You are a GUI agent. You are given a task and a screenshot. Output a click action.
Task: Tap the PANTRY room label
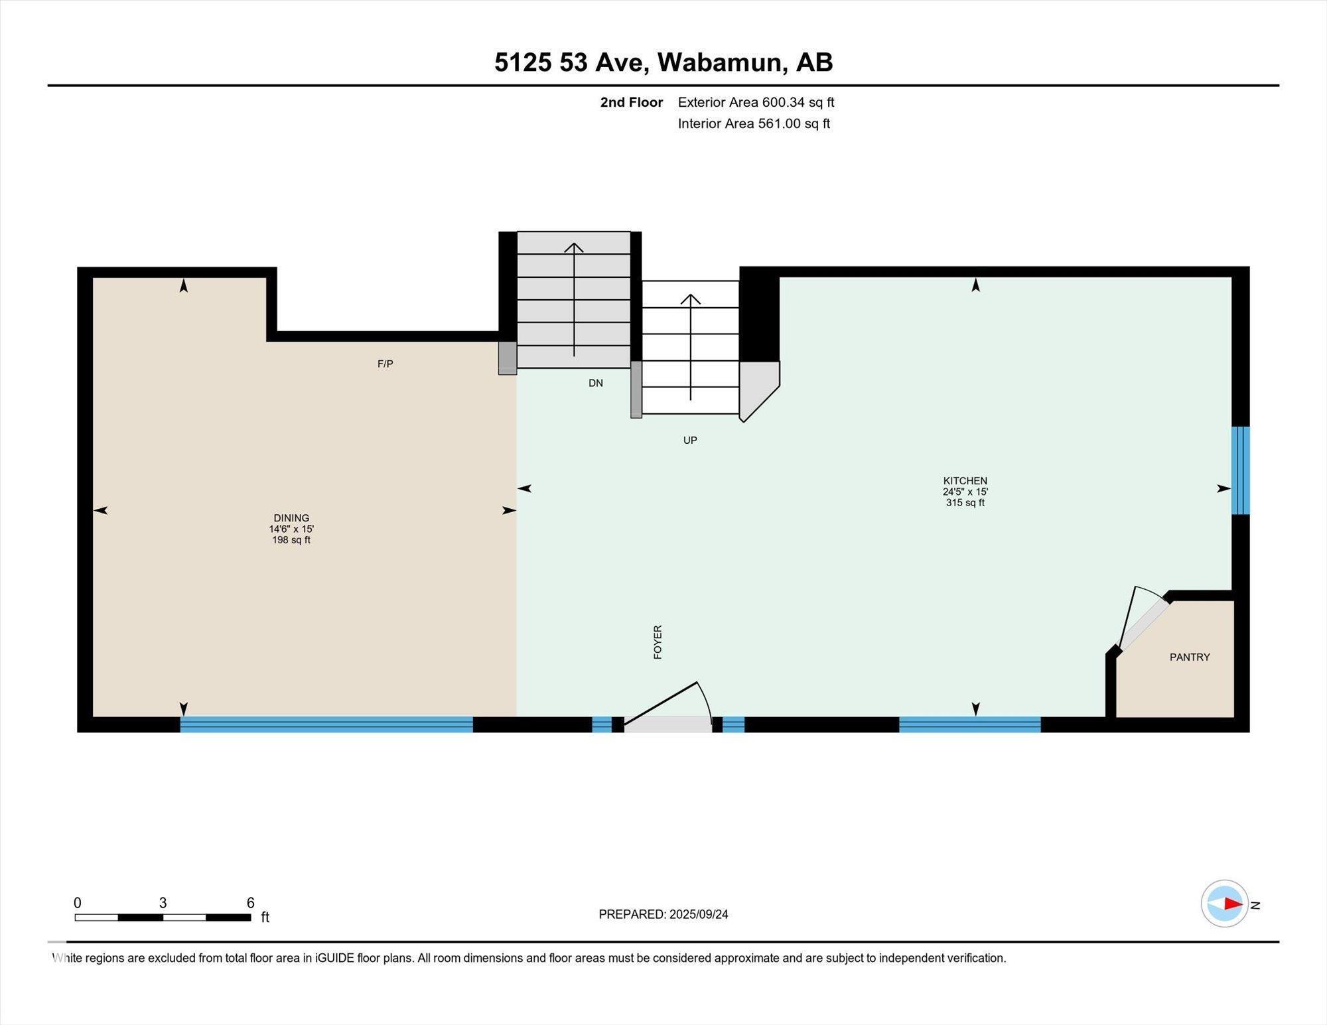[1190, 657]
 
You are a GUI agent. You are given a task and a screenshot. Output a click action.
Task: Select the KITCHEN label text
[965, 480]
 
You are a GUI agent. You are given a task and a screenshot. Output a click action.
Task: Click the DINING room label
[291, 517]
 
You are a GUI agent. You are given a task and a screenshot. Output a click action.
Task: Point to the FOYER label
[658, 642]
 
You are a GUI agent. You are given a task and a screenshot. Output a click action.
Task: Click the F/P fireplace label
[385, 364]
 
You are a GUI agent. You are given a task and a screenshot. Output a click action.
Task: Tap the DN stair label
[596, 383]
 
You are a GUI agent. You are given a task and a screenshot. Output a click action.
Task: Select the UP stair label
[690, 440]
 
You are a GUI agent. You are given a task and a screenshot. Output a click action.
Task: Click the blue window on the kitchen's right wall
[1240, 470]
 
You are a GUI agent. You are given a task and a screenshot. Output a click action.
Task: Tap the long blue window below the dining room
[326, 724]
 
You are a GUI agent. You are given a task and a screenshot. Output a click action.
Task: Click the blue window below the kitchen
[969, 724]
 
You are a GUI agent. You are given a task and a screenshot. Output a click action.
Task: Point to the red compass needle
[1233, 904]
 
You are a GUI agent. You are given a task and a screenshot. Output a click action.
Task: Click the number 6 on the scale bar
[250, 903]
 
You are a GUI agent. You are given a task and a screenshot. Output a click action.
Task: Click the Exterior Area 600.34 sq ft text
[756, 102]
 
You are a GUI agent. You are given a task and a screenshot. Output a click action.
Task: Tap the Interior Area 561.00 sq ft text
[754, 123]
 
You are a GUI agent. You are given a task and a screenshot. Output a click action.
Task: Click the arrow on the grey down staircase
[574, 299]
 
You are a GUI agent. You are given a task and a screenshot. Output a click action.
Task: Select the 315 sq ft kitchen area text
[965, 503]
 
